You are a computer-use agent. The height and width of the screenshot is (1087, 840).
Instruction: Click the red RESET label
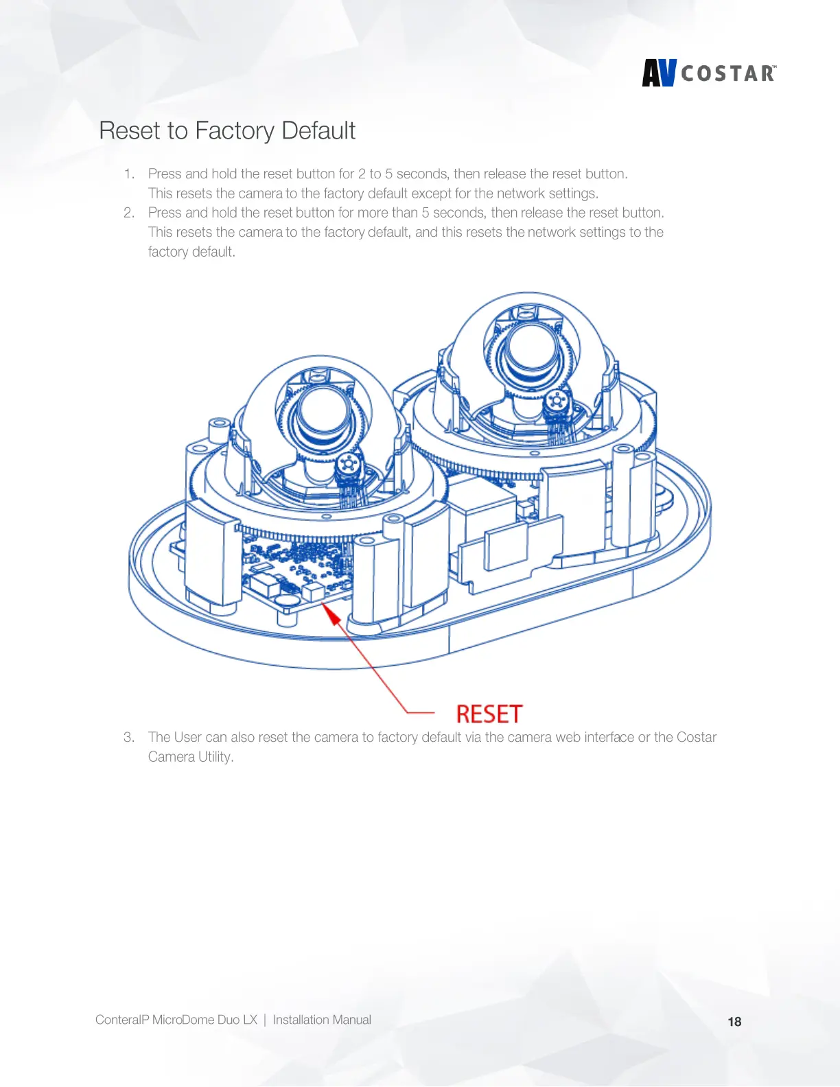pyautogui.click(x=489, y=714)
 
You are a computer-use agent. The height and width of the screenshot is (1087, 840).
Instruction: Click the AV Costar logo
pyautogui.click(x=709, y=73)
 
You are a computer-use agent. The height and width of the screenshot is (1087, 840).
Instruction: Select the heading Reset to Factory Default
pyautogui.click(x=227, y=130)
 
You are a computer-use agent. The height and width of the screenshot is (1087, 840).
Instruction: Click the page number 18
pyautogui.click(x=734, y=1022)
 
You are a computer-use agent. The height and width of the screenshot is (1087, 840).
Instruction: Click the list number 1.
pyautogui.click(x=128, y=174)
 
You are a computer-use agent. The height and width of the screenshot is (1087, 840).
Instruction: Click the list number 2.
pyautogui.click(x=128, y=213)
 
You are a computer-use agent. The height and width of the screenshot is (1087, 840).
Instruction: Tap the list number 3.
pyautogui.click(x=128, y=738)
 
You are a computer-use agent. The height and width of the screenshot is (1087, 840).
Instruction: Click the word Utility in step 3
pyautogui.click(x=215, y=757)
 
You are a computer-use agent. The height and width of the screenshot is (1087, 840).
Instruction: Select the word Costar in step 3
pyautogui.click(x=697, y=737)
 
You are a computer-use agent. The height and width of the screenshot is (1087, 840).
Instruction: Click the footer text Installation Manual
pyautogui.click(x=322, y=1020)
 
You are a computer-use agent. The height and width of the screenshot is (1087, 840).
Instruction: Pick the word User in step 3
pyautogui.click(x=187, y=737)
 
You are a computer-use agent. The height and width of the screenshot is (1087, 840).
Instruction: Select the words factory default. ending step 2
pyautogui.click(x=191, y=252)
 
